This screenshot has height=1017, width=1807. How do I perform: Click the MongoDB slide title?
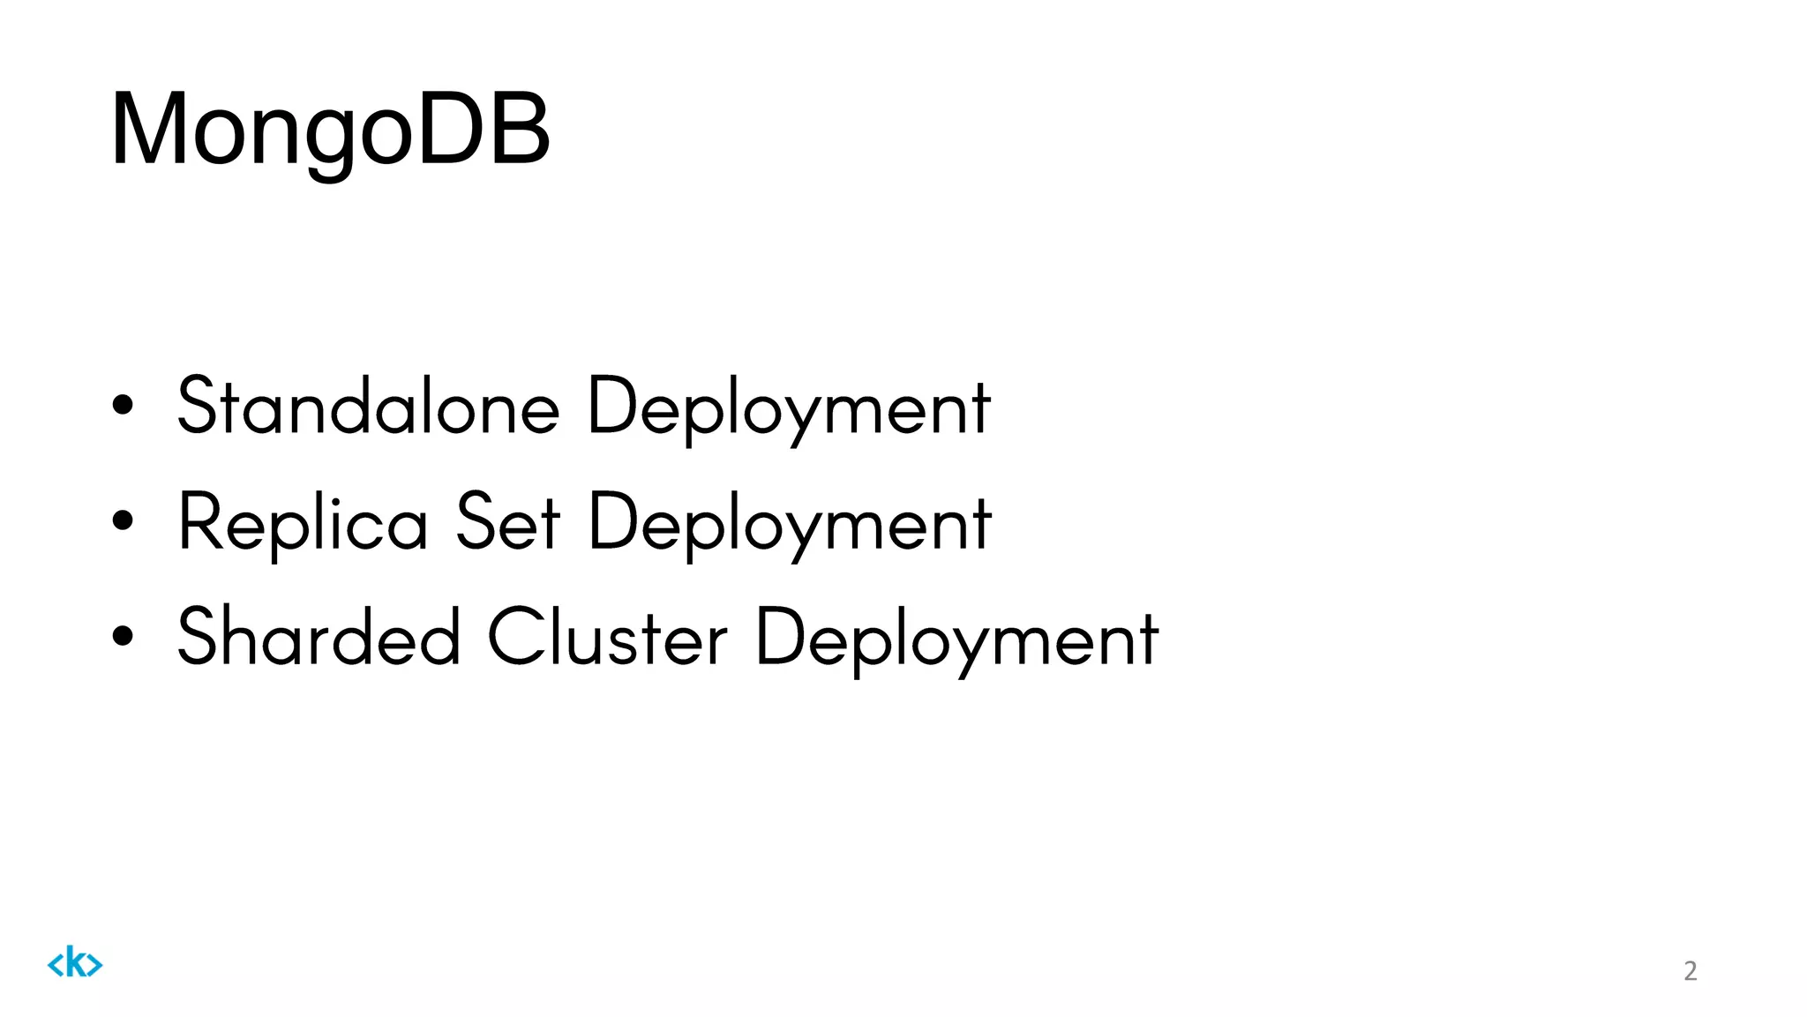330,131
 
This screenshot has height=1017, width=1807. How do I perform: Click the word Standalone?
369,407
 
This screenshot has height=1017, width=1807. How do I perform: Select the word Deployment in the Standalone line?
789,408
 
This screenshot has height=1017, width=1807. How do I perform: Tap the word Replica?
303,523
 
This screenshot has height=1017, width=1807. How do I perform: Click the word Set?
507,522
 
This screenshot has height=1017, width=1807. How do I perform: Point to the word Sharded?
319,637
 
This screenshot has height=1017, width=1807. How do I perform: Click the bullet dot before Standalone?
124,405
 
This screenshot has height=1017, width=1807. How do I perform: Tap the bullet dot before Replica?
124,520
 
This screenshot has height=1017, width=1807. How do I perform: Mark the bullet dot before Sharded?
124,636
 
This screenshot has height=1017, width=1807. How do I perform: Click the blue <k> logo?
75,963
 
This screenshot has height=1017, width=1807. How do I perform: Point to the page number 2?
1690,971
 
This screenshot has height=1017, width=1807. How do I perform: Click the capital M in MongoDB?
148,131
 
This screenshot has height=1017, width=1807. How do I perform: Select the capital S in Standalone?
197,405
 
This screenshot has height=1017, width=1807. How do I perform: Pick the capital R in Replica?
198,521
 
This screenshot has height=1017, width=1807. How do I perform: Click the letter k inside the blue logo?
75,962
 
